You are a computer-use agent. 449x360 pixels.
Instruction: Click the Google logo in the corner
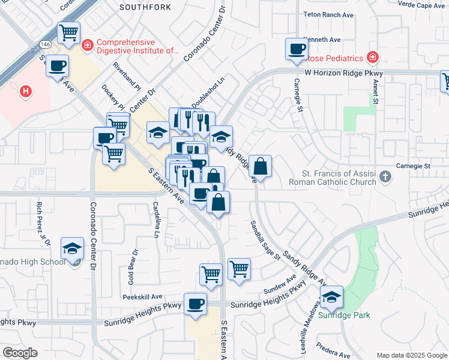click(20, 353)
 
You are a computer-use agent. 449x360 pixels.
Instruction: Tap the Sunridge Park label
click(345, 315)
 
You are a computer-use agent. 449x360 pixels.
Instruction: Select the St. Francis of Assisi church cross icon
click(385, 178)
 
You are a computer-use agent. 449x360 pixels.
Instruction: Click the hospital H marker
click(26, 92)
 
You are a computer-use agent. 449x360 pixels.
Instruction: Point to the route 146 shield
click(46, 44)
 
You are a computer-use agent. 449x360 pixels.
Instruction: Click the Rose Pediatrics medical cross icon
click(373, 58)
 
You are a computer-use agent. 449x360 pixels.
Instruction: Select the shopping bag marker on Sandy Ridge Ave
click(261, 166)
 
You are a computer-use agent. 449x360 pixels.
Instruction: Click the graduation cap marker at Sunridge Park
click(331, 297)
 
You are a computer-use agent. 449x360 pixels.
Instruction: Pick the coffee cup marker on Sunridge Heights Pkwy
click(195, 304)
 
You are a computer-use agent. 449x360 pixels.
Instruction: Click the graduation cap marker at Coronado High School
click(73, 248)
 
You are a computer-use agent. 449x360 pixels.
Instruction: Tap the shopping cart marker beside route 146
click(69, 32)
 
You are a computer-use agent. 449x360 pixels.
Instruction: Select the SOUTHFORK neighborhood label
click(145, 8)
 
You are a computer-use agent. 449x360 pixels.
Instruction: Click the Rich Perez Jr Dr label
click(41, 220)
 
